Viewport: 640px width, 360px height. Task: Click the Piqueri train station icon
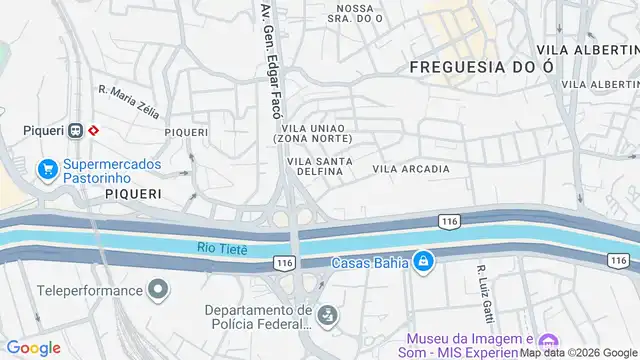pyautogui.click(x=75, y=130)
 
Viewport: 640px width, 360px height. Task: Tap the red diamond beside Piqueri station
pyautogui.click(x=93, y=130)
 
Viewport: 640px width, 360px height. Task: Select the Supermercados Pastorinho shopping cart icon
pyautogui.click(x=46, y=170)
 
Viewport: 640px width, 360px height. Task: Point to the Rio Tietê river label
pyautogui.click(x=222, y=247)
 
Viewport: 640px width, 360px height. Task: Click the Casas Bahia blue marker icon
pyautogui.click(x=423, y=262)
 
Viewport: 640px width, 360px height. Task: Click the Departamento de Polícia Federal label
pyautogui.click(x=257, y=317)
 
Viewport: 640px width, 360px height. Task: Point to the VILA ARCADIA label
pyautogui.click(x=411, y=169)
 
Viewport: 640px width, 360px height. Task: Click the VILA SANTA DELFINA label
pyautogui.click(x=314, y=166)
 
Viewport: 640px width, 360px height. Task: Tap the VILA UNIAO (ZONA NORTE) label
pyautogui.click(x=313, y=134)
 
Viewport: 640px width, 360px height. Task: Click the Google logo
pyautogui.click(x=33, y=348)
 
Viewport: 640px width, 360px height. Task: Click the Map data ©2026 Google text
pyautogui.click(x=578, y=352)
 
